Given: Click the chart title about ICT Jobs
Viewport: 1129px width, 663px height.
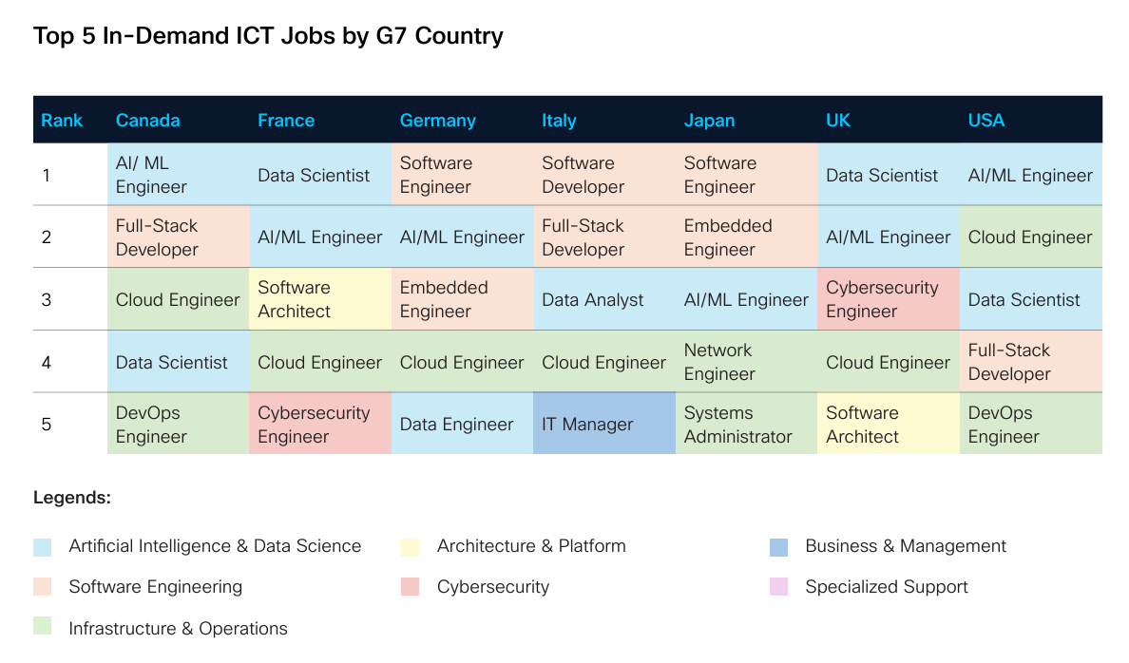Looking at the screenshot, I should pos(268,37).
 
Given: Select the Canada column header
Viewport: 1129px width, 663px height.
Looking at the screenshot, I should pos(147,121).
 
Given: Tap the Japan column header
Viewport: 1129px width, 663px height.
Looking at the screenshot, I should pos(709,121).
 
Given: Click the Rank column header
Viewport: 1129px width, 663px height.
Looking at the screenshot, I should pos(62,121).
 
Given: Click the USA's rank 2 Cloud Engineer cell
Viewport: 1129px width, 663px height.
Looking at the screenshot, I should pos(1030,237).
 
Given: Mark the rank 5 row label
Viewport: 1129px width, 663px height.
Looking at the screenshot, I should pos(47,425).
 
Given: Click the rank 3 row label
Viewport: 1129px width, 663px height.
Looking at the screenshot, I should pos(47,299).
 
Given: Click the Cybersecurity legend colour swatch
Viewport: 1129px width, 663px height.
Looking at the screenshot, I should pos(410,588).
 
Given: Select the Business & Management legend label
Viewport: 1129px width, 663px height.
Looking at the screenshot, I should pos(905,546).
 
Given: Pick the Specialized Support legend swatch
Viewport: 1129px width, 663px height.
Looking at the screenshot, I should pos(778,588).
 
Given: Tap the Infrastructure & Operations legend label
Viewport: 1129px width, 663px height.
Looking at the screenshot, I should pos(178,629).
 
